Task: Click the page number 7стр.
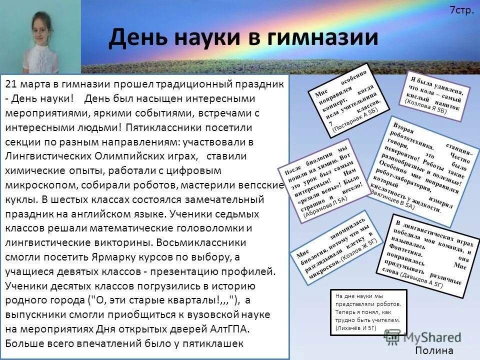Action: tap(461, 9)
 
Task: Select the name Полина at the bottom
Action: tap(434, 350)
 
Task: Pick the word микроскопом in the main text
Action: tap(40, 185)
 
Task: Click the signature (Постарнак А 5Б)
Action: tap(358, 121)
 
